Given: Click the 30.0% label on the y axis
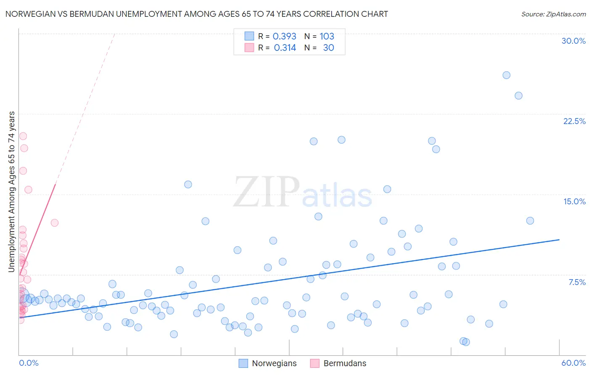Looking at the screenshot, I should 573,41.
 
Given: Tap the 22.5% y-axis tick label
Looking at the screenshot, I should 574,121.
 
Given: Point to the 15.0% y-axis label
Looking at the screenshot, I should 574,201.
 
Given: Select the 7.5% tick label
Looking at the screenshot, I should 577,282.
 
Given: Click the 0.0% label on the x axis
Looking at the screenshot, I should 29,363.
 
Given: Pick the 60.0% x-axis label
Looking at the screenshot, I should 573,363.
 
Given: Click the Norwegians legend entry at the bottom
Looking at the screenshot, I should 274,363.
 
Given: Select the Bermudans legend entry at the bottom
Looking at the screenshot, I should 345,363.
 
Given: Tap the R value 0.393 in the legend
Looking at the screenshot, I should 285,36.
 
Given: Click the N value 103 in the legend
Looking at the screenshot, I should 327,36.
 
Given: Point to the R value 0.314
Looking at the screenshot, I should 285,48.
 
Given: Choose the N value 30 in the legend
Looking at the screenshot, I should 328,48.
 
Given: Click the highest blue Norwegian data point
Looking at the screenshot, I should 507,75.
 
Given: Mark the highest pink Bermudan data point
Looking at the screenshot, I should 23,136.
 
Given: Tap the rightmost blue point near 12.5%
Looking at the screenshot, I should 530,221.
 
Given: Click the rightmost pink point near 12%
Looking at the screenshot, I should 55,223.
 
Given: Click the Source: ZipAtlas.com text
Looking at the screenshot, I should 553,14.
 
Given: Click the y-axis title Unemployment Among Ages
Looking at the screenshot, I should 12,192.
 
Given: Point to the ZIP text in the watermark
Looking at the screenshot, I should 266,193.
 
